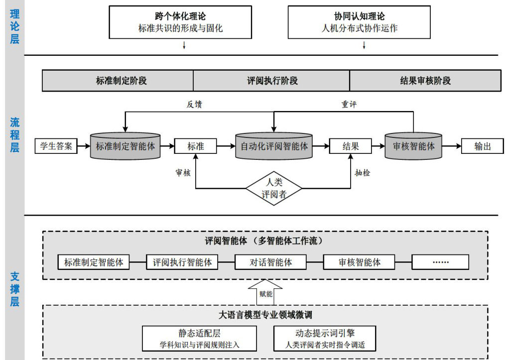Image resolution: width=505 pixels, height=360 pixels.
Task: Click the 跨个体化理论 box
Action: pos(180,22)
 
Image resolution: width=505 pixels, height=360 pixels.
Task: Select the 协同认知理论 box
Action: pos(359,22)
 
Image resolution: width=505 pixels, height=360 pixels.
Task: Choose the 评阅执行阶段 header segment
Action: pos(271,81)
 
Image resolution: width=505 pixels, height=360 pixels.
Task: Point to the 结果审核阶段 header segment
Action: pos(425,81)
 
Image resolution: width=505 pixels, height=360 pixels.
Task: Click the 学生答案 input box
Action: pos(56,146)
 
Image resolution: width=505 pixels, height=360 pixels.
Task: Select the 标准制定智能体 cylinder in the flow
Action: pos(126,146)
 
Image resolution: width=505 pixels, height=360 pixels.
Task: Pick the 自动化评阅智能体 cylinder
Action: pos(274,146)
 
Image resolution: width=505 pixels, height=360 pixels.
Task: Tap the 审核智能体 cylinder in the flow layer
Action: pos(413,146)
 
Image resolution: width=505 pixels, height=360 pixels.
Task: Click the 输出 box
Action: pos(483,146)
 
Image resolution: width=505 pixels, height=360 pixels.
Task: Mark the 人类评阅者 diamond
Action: pos(274,188)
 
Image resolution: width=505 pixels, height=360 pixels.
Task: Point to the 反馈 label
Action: pos(194,105)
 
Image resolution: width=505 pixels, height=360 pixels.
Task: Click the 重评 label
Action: pos(349,105)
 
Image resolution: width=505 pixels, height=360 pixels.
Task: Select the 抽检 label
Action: pos(363,173)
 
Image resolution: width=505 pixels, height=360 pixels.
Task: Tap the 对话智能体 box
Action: pos(270,262)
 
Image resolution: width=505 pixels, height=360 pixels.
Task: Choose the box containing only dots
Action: pos(440,262)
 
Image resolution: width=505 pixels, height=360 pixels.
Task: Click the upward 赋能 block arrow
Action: pos(265,292)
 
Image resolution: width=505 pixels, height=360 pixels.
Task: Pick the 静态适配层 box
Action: pos(199,339)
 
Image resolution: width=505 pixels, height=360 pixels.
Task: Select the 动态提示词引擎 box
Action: pos(325,339)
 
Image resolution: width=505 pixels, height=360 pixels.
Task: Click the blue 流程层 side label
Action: pos(14,135)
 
